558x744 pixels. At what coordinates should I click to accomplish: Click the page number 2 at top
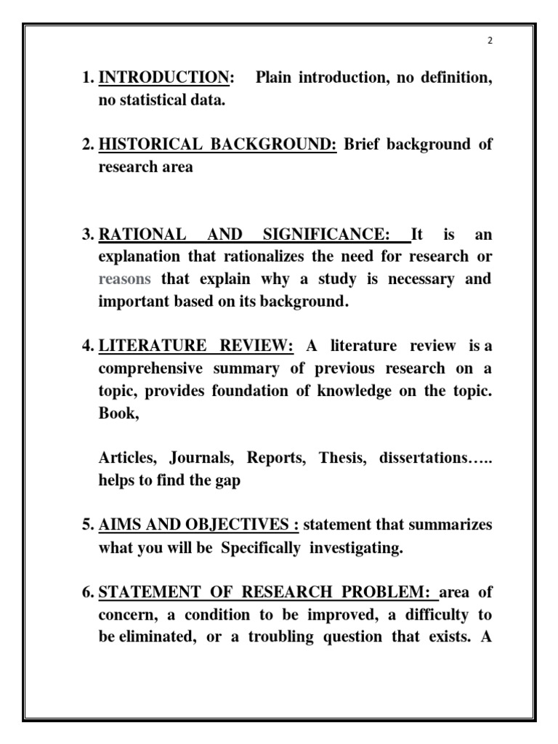coord(490,41)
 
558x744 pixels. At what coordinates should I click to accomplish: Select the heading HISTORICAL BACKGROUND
coord(217,144)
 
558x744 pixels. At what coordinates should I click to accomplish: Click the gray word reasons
coord(125,279)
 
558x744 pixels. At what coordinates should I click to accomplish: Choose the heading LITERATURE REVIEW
coord(195,345)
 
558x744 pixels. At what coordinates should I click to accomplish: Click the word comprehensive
coord(148,369)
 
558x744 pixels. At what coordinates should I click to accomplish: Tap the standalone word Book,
coord(117,413)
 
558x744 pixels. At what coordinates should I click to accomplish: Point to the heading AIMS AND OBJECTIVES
coord(199,525)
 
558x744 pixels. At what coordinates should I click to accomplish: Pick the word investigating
coord(356,548)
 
